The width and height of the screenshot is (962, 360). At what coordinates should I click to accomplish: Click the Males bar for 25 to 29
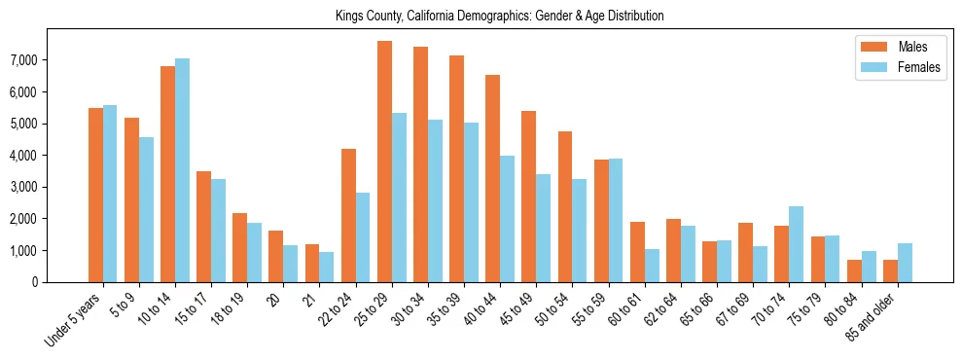[384, 162]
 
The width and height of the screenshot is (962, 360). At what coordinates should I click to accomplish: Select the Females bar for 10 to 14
[182, 170]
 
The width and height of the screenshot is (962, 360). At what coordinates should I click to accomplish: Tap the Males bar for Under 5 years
[95, 195]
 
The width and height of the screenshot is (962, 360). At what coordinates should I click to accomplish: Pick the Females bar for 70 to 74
[796, 244]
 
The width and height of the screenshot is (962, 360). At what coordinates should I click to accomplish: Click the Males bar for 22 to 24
[348, 215]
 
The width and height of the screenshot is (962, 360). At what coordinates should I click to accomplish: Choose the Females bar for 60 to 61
[652, 266]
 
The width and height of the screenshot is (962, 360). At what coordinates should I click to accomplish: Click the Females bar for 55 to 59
[616, 220]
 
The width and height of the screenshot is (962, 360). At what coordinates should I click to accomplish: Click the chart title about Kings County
[499, 17]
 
